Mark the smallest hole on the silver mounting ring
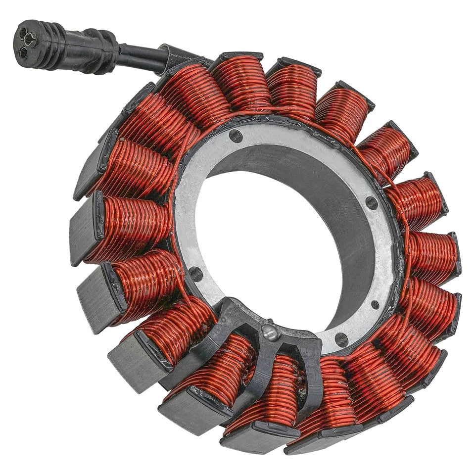pyautogui.click(x=375, y=305)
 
